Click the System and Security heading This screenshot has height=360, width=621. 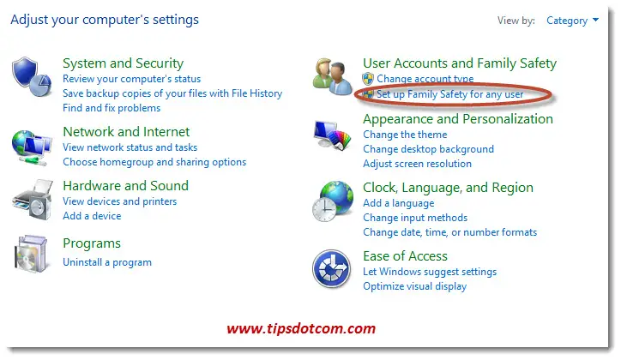coord(124,63)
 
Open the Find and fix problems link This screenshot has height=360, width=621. coord(112,108)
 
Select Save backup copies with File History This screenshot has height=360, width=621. coord(172,93)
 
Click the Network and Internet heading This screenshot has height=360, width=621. coord(126,132)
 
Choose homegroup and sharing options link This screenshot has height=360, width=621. coord(154,162)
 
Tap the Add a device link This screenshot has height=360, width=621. coord(93,216)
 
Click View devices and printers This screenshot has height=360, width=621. coord(120,201)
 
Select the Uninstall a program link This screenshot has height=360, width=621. coord(107,262)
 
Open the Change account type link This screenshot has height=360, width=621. coord(425,79)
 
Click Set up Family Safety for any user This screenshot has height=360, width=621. coord(450,94)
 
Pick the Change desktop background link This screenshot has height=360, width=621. coord(429,149)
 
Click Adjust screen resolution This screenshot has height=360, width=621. coord(418,164)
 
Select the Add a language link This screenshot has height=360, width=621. coord(399,203)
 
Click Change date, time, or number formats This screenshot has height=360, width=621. coord(450,232)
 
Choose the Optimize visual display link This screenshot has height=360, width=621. coord(415,286)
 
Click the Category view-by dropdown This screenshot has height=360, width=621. coord(572,21)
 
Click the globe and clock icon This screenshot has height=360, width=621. coord(333,201)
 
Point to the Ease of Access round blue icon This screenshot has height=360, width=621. coord(331,269)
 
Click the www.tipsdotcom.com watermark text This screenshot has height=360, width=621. coord(301,328)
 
